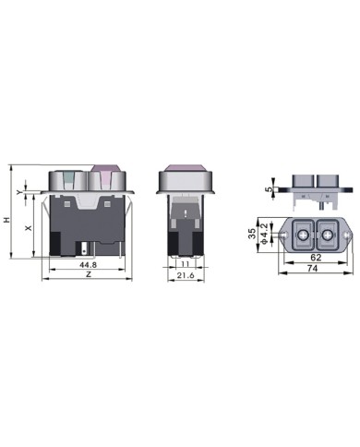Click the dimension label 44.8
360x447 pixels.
[x=88, y=265]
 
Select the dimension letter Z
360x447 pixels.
[x=89, y=274]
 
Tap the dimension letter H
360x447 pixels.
[x=6, y=220]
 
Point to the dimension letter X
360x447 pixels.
[x=29, y=228]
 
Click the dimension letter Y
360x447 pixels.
[x=19, y=192]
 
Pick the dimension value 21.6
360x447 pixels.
[x=186, y=275]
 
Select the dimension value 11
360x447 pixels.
[x=185, y=264]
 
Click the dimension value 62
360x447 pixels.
[x=316, y=258]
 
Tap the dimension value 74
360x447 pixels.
[x=312, y=269]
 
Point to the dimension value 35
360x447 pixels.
[x=252, y=234]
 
